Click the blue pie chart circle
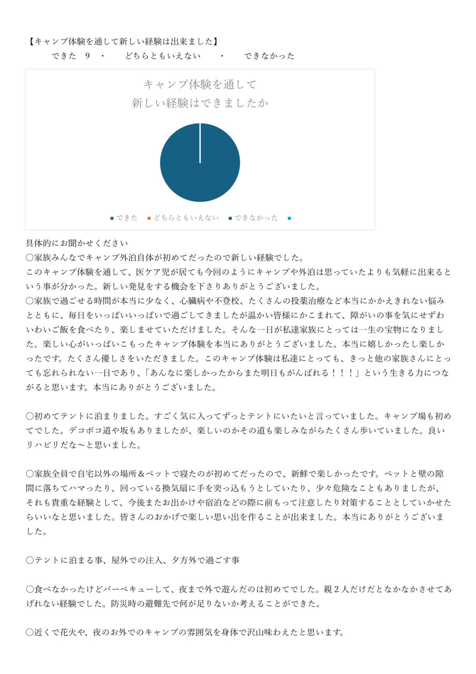pos(200,163)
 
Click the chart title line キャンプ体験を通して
pos(200,84)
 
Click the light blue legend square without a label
pos(289,217)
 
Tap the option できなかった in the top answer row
pos(269,56)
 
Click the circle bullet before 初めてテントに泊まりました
pos(30,416)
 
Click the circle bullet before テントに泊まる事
pos(30,560)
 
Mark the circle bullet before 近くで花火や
pos(30,632)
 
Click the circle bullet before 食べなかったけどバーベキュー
pos(30,589)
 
